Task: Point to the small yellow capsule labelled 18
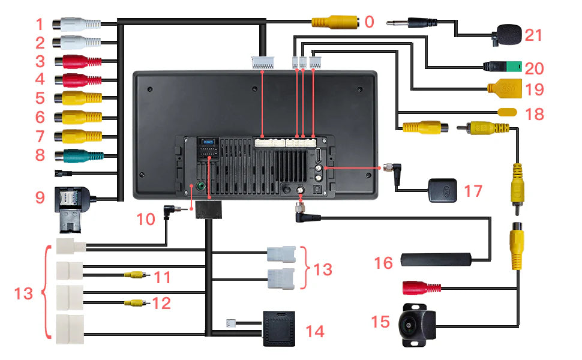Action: [x=508, y=112]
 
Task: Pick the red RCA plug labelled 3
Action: [x=79, y=61]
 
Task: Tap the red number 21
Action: [x=533, y=35]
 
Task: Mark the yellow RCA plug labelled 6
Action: [x=79, y=116]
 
